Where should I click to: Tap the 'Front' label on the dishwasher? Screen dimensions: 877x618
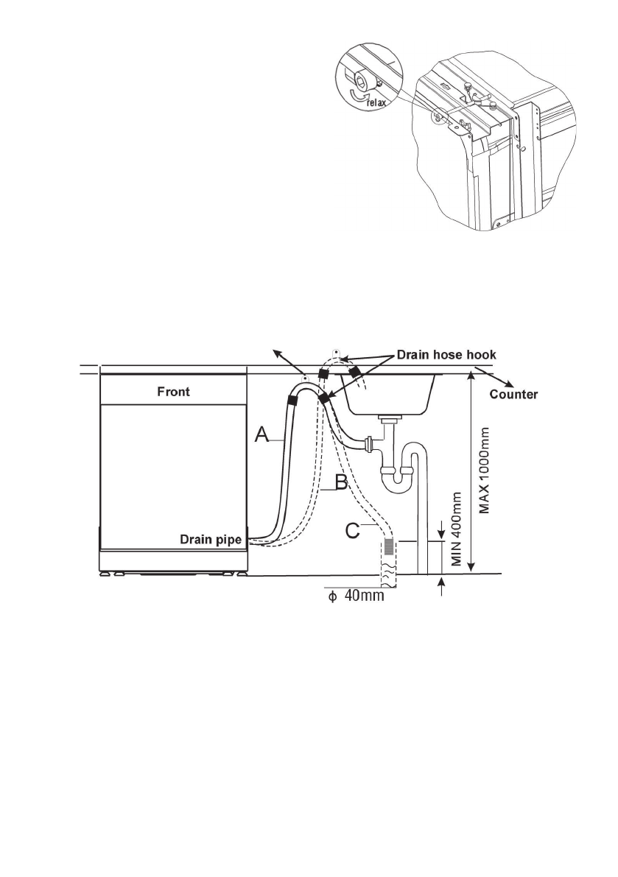click(x=173, y=392)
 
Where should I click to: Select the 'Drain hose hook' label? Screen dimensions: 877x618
click(x=446, y=355)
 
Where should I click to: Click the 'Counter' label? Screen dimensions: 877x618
click(x=515, y=394)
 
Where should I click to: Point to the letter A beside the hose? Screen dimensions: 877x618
click(x=262, y=437)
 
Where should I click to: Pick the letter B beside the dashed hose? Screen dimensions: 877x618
click(x=342, y=484)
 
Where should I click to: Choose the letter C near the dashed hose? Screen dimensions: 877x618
click(x=354, y=529)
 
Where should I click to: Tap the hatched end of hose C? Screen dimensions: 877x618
click(x=388, y=548)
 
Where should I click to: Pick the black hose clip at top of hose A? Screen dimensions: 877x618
click(x=292, y=400)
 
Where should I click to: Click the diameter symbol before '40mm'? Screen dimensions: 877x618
click(x=331, y=596)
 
